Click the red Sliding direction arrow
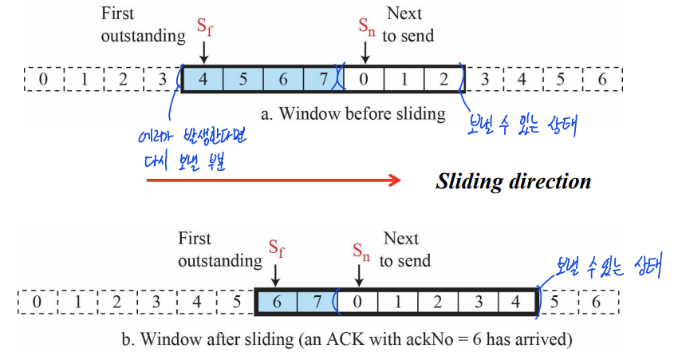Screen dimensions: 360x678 271,181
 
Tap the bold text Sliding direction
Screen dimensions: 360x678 513,181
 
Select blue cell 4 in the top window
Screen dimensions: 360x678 203,79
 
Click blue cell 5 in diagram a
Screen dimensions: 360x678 242,79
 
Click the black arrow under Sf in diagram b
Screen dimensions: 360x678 275,275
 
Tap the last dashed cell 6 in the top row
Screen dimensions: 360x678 602,79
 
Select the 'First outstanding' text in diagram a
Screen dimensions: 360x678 140,25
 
